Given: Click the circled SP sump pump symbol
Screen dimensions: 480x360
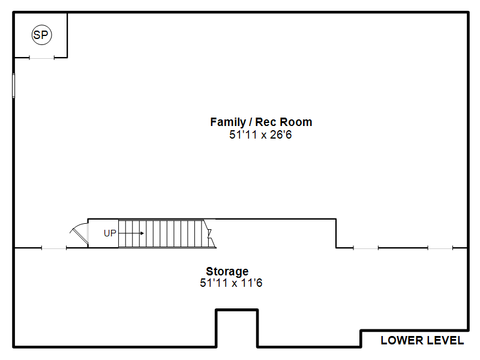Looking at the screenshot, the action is point(41,35).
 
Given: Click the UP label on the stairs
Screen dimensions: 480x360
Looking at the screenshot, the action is point(110,233).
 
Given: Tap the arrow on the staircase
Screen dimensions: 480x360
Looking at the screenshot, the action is point(131,233).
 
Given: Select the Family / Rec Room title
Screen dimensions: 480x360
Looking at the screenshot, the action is point(261,122).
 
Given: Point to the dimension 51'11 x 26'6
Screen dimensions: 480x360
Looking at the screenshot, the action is point(260,134).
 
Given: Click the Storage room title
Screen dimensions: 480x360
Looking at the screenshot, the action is point(227,271).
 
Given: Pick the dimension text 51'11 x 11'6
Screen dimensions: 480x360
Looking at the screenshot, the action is point(231,283).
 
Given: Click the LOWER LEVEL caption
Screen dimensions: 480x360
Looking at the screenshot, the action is point(422,340).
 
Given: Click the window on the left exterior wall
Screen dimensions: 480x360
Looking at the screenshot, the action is point(13,86).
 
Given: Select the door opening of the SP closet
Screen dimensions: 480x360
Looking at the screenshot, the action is point(41,58).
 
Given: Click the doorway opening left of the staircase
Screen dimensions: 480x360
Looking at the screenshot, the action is point(54,248).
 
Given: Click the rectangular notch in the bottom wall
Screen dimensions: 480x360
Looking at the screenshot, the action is point(237,310).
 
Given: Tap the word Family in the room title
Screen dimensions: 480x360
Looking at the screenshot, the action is point(228,122).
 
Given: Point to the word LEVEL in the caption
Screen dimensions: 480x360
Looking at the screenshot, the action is point(445,340).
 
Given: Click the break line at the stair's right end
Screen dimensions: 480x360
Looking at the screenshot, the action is point(210,233).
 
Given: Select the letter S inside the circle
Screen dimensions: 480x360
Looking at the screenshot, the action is point(37,35).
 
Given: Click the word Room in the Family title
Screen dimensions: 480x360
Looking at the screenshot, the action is point(296,122).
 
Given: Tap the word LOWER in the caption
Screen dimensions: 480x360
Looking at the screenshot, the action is point(402,340).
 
